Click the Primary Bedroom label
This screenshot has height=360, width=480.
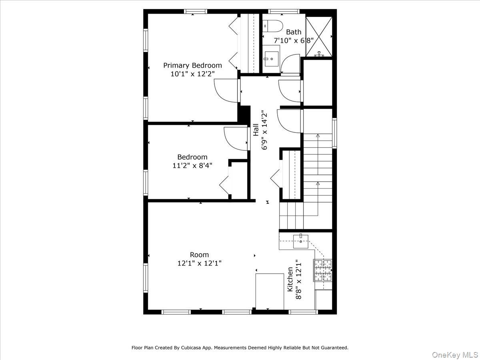192,65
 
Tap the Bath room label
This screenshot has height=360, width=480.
294,32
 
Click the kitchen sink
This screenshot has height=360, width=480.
300,241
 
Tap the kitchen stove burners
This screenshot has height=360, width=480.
323,270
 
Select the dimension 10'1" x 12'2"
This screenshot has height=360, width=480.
192,74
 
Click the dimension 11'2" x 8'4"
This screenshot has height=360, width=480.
192,165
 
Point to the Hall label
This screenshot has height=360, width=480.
256,130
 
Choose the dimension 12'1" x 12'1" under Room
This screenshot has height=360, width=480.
199,263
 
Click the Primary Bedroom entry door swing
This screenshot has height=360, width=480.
226,90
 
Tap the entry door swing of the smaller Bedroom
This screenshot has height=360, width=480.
236,138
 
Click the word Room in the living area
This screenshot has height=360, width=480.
199,255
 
